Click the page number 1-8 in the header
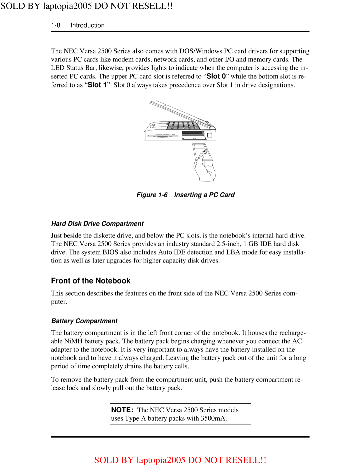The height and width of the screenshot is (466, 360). pyautogui.click(x=56, y=25)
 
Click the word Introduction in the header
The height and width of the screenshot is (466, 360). pyautogui.click(x=87, y=25)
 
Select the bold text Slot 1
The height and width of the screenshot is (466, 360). pyautogui.click(x=97, y=85)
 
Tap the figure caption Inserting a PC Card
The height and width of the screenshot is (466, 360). pyautogui.click(x=204, y=195)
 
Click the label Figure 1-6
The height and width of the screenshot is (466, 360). pyautogui.click(x=152, y=195)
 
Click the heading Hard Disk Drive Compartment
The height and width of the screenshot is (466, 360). pyautogui.click(x=97, y=223)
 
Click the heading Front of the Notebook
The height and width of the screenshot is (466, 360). pyautogui.click(x=91, y=281)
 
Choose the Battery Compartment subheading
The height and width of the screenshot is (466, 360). pyautogui.click(x=84, y=321)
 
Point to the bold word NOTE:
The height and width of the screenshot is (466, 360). pyautogui.click(x=122, y=410)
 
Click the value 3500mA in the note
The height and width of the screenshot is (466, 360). pyautogui.click(x=213, y=418)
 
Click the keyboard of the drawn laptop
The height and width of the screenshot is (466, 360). pyautogui.click(x=183, y=126)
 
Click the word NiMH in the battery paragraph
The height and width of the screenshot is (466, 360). pyautogui.click(x=73, y=341)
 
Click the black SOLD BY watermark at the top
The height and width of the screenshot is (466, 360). pyautogui.click(x=86, y=6)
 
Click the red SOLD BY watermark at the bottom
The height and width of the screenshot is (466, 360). pyautogui.click(x=180, y=460)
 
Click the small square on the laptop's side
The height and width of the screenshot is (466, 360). pyautogui.click(x=210, y=135)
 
